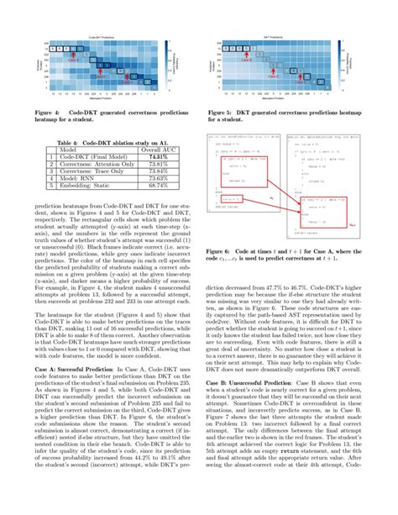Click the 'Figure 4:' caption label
click(x=50, y=110)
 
